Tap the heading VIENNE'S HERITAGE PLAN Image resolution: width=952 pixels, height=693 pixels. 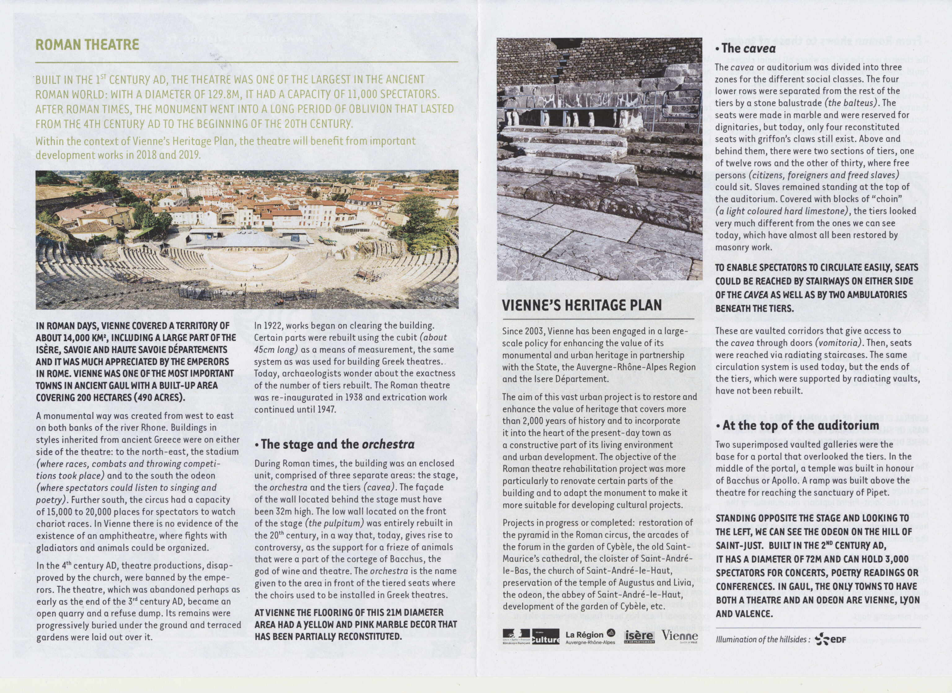click(582, 305)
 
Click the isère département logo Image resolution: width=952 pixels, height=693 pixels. click(639, 636)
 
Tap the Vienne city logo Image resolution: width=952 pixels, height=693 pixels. click(680, 636)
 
